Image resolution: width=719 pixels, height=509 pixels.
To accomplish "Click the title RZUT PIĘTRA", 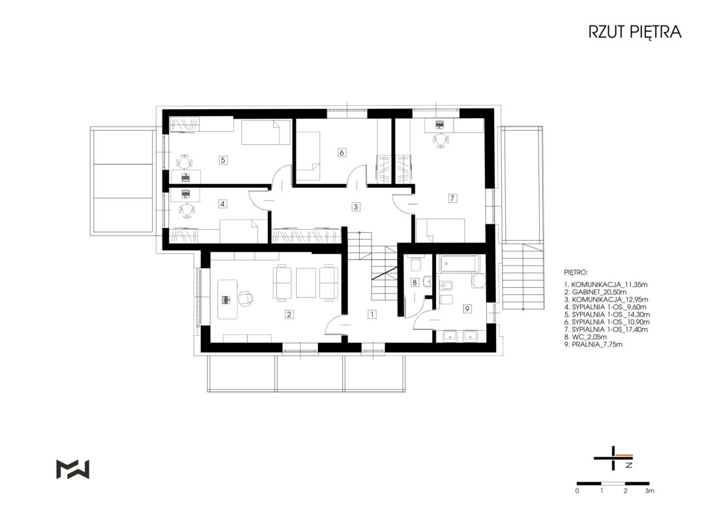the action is (635, 32).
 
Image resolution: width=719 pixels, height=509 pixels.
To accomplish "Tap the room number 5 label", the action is (223, 160).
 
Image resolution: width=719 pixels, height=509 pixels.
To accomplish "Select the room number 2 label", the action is (289, 315).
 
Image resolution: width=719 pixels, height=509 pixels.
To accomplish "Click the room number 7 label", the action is (452, 198).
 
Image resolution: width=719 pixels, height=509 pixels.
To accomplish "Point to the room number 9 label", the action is (467, 309).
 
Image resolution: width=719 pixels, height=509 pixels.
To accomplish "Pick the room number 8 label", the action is (415, 283).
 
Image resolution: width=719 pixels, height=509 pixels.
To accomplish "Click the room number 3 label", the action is (355, 207).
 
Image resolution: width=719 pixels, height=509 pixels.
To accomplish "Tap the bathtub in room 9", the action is (460, 264).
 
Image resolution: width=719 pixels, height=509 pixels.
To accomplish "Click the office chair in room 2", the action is (245, 298).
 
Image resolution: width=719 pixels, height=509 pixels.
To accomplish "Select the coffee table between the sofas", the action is (306, 283).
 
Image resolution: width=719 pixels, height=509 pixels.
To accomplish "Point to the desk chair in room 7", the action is (440, 140).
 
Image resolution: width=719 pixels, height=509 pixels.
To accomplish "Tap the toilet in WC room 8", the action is (416, 264).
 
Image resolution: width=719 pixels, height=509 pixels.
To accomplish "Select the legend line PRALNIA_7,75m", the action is (593, 345).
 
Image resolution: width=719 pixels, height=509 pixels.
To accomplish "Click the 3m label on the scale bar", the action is (649, 491).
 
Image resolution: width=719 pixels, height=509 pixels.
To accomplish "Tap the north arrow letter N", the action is (629, 465).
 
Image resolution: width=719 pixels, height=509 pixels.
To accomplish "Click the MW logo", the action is (72, 469).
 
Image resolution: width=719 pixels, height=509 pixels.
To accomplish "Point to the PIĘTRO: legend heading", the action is (576, 273).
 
